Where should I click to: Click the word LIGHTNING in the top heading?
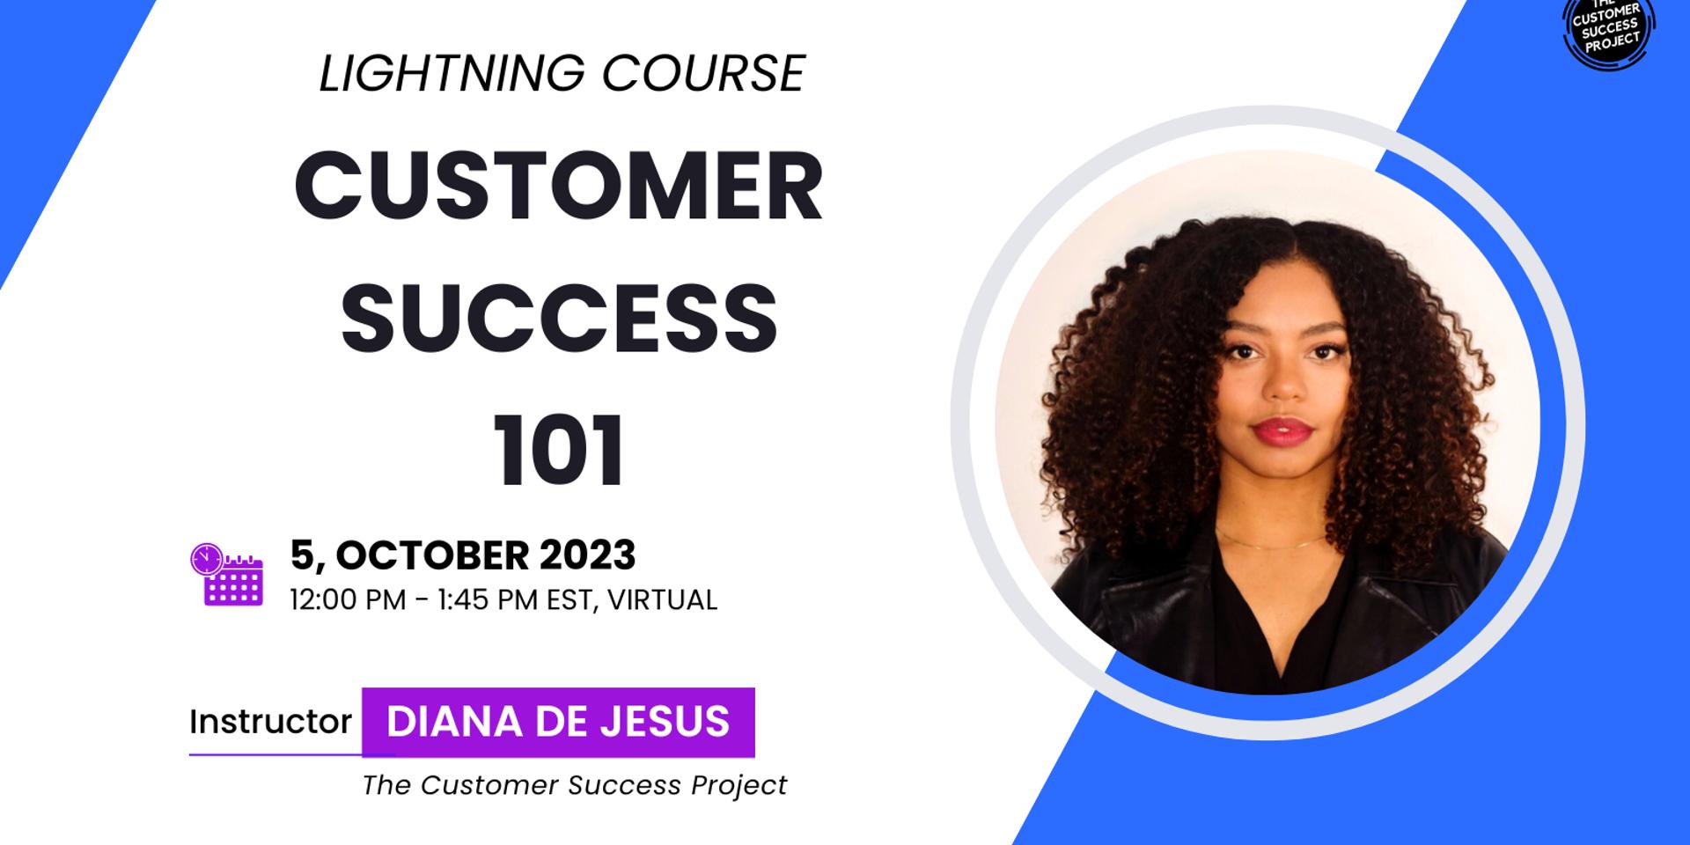point(452,73)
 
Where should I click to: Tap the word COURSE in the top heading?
point(703,73)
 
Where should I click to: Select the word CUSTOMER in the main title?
point(559,187)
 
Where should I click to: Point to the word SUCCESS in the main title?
point(560,318)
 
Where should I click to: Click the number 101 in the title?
point(559,449)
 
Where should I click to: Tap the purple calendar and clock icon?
point(227,574)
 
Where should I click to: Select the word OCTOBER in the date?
point(432,555)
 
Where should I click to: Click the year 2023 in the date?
point(587,555)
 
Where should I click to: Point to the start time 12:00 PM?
point(348,600)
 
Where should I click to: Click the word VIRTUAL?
point(663,600)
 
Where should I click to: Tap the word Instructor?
point(270,722)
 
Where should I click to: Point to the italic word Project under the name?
point(739,785)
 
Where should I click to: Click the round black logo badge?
point(1608,28)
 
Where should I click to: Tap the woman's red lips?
point(1282,430)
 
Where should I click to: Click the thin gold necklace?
point(1270,540)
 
